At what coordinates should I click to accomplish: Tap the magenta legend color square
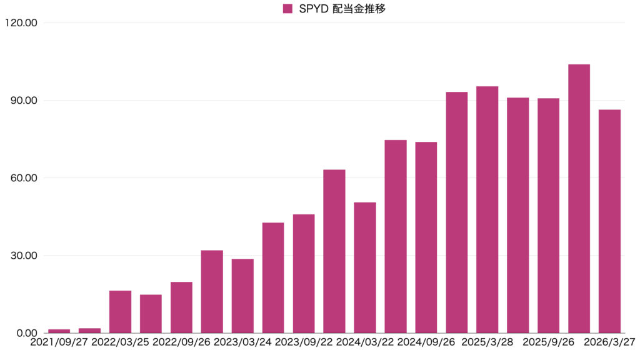pos(287,9)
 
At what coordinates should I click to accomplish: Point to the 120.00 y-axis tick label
pos(21,23)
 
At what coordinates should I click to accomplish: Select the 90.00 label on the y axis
pos(23,101)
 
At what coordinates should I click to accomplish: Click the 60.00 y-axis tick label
pos(23,178)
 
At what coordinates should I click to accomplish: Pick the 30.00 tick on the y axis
pos(23,256)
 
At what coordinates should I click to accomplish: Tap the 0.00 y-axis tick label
pos(26,333)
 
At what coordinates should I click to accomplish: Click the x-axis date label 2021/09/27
pos(59,342)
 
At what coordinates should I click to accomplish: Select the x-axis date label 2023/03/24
pos(242,342)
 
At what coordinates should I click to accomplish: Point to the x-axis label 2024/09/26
pos(426,342)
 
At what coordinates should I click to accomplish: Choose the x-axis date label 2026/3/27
pos(610,342)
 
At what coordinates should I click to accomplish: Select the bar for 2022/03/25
pos(120,312)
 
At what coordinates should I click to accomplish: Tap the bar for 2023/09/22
pos(304,274)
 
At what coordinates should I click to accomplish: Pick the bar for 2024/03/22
pos(365,267)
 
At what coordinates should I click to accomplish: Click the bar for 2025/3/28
pos(487,209)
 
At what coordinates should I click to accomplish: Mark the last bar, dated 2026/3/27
pos(609,221)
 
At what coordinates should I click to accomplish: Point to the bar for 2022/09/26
pos(181,307)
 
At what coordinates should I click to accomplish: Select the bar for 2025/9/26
pos(548,216)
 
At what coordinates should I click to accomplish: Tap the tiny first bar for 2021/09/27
pos(59,331)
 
